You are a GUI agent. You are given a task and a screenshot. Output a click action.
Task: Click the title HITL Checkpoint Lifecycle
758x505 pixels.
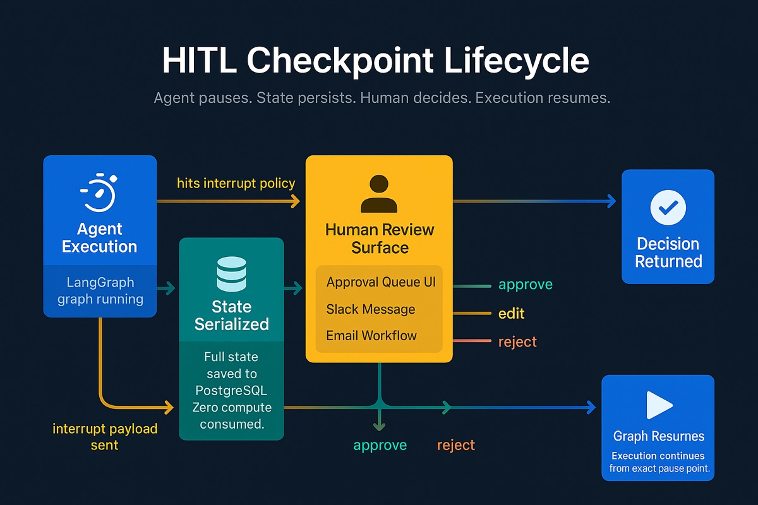tap(375, 61)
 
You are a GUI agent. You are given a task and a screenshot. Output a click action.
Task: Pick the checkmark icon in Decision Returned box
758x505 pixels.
tap(668, 206)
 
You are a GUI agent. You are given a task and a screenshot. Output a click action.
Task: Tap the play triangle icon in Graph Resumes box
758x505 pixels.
tap(658, 405)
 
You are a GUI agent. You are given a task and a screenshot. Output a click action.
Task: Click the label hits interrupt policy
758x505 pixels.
tap(236, 183)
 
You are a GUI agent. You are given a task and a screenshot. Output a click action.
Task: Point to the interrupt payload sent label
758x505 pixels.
tap(105, 437)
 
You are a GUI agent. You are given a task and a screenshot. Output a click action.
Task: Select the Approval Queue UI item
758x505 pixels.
tap(380, 282)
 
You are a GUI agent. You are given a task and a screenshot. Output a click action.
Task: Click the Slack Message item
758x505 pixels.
tap(370, 309)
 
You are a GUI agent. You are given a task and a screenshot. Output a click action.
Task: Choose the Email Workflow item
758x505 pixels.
tap(371, 336)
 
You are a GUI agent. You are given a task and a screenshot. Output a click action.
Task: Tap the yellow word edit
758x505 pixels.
tap(511, 314)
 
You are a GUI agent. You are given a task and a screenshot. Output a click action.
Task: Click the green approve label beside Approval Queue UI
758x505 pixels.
tap(525, 285)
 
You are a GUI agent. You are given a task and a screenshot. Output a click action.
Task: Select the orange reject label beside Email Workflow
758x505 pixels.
tap(517, 342)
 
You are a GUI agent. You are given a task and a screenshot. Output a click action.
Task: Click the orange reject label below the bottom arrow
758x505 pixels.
tap(455, 445)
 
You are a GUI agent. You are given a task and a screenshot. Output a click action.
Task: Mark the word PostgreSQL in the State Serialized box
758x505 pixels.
tap(231, 391)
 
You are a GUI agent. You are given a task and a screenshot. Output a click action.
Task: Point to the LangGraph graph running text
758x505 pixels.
tap(100, 290)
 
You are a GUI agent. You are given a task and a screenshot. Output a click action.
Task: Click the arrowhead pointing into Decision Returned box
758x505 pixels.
tap(611, 201)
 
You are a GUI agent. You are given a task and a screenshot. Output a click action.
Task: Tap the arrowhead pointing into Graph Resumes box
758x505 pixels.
tap(591, 408)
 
